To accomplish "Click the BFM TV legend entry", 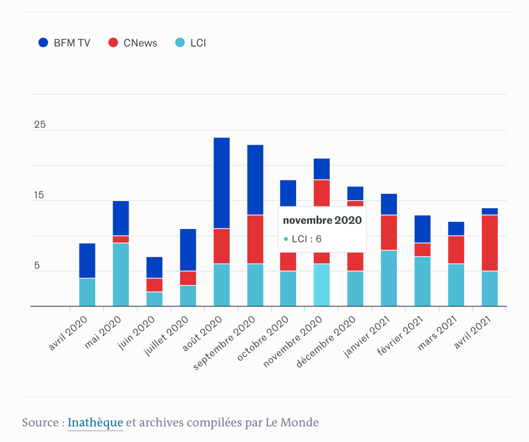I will click(65, 43).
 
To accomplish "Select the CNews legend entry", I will click(133, 43).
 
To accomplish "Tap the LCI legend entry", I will click(191, 43).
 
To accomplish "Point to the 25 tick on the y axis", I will click(40, 125).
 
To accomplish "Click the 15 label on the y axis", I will click(40, 195).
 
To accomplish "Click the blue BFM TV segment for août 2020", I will click(221, 183).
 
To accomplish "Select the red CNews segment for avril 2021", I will click(490, 243).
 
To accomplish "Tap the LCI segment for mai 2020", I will click(120, 275).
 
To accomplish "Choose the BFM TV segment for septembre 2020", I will click(255, 180).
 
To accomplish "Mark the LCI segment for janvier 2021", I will click(388, 278).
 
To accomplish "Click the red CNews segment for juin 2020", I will click(154, 285).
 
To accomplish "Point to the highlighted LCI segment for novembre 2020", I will click(321, 285).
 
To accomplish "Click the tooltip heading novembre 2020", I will click(322, 220).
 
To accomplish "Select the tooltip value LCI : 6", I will click(303, 239).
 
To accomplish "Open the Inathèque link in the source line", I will click(95, 422).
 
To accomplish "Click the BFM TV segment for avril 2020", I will click(87, 261).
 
